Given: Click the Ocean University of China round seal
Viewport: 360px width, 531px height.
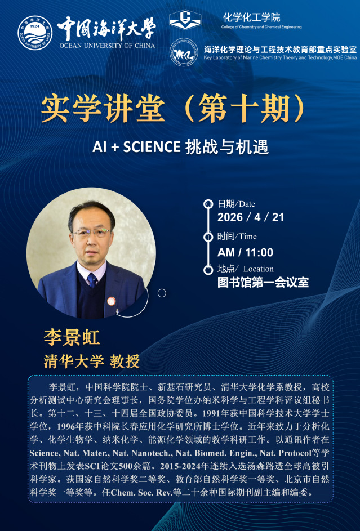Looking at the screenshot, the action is point(35,33).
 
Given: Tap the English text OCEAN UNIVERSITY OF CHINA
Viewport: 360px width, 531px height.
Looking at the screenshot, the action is point(107,46).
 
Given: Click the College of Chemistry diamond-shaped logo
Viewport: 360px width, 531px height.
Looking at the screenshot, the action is point(185,20).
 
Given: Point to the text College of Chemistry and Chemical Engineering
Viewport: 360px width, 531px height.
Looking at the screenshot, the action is point(261,27).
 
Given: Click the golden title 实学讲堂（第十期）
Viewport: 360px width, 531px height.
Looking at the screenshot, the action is point(173,109).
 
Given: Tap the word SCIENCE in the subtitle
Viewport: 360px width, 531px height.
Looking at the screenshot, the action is point(152,147).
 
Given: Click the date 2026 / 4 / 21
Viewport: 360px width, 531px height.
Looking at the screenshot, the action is point(251,217).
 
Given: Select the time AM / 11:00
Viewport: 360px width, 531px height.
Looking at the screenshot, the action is point(245,252).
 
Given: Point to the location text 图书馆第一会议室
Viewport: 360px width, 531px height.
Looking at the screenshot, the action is point(263,282).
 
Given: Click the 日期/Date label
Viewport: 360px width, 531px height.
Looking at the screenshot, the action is point(236,204).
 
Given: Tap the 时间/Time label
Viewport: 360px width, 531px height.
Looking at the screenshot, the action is point(237,237).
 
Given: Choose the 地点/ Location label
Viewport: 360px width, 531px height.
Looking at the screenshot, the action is point(245,269).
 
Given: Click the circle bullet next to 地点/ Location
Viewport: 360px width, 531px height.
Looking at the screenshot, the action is point(208,270).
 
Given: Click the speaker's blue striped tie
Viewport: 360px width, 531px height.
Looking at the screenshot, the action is point(92,280).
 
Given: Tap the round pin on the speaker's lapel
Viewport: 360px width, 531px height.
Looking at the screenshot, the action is point(111,301).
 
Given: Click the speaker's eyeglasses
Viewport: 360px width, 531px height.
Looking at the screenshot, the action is point(92,233).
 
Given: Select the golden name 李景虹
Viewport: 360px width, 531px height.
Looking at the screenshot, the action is point(72,337).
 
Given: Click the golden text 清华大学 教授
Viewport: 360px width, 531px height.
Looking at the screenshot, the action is point(91,362).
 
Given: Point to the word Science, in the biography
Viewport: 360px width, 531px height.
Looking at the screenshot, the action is point(43,453).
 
